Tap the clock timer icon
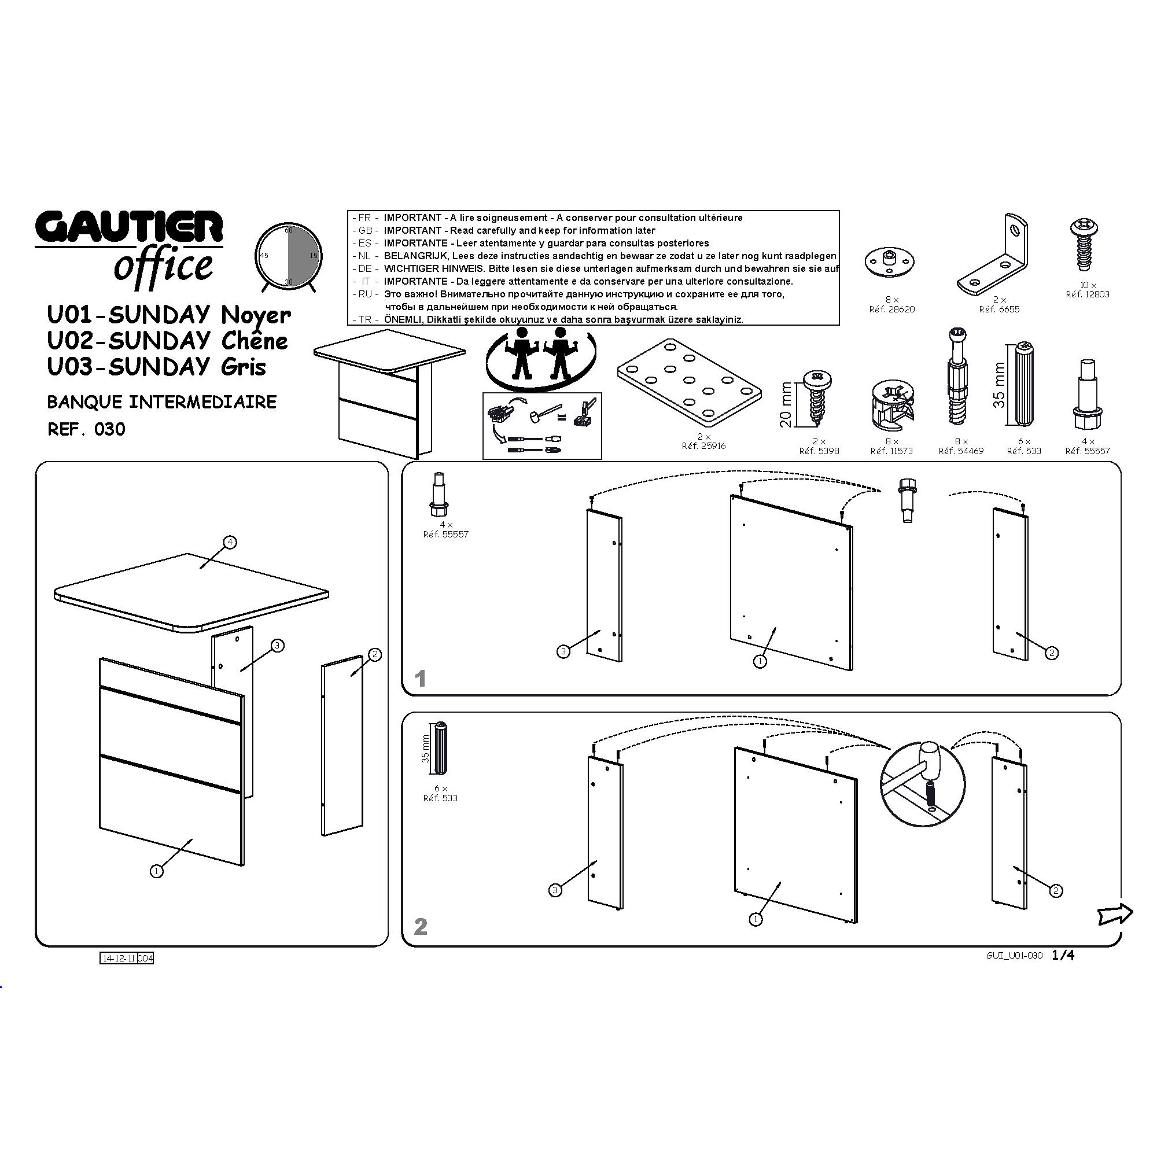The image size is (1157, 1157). tap(288, 257)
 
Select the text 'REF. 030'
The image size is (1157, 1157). tap(86, 429)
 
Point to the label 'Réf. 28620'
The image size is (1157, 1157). tap(891, 309)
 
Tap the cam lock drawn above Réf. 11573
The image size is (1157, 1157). tap(891, 405)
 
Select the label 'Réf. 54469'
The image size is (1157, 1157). tap(960, 451)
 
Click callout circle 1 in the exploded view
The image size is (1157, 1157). tap(156, 871)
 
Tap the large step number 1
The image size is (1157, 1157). tap(421, 679)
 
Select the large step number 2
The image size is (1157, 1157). tap(421, 926)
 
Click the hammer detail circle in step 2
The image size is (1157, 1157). tap(922, 784)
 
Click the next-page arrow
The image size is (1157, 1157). tap(1115, 914)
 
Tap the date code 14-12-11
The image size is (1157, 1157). tap(119, 958)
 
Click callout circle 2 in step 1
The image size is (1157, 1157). tap(1052, 653)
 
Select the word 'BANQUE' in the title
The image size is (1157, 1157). tap(85, 402)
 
